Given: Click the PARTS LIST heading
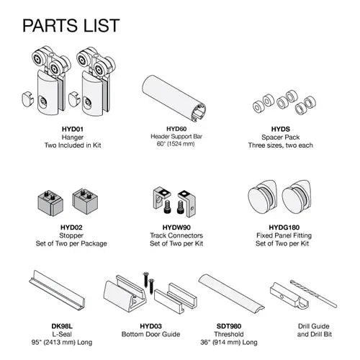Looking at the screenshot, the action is click(71, 25).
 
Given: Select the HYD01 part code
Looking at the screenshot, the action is click(73, 129).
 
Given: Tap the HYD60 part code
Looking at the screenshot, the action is click(176, 129).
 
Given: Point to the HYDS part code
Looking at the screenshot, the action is click(281, 129).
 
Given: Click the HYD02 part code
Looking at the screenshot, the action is click(71, 228).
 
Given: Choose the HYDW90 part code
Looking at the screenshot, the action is click(176, 228).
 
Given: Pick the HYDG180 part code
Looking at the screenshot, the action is click(284, 228).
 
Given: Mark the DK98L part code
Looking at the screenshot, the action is click(62, 326).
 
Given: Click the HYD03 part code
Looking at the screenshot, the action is click(150, 326).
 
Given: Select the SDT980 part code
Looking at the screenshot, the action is click(229, 326).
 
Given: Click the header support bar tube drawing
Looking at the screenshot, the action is click(174, 99).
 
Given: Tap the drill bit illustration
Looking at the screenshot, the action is click(313, 294).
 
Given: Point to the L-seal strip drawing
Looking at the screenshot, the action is click(57, 291).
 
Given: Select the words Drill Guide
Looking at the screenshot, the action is click(314, 326).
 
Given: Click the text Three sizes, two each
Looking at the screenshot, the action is click(281, 145).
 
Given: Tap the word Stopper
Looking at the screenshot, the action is click(71, 235).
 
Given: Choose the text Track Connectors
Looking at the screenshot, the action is click(176, 235).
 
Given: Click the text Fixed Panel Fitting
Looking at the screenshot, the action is click(284, 235).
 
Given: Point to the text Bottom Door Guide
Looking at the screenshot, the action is click(150, 334).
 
